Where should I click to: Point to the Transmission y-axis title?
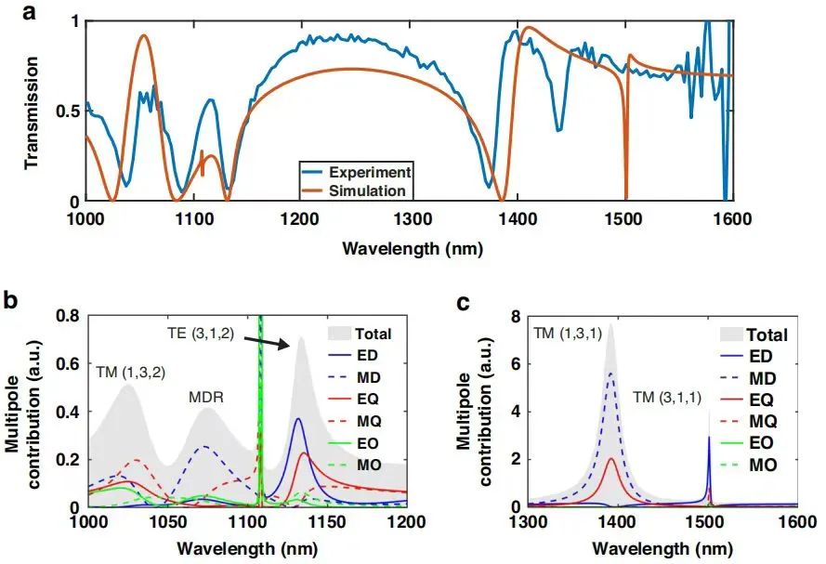[32, 111]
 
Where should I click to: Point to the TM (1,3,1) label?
[566, 333]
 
